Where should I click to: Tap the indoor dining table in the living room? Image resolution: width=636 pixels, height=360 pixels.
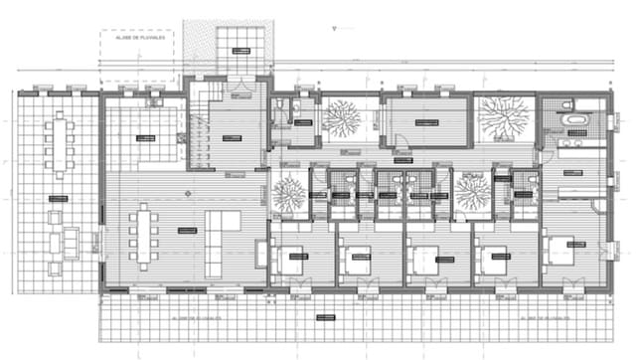tap(145, 236)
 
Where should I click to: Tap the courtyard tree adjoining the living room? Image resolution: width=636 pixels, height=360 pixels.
tap(288, 193)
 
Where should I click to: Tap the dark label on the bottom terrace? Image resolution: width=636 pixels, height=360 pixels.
tap(324, 319)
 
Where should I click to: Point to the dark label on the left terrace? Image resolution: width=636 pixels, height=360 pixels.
tap(57, 199)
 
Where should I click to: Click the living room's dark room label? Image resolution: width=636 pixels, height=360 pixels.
tap(186, 230)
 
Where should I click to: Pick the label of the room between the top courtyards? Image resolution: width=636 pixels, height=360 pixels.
tap(426, 122)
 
